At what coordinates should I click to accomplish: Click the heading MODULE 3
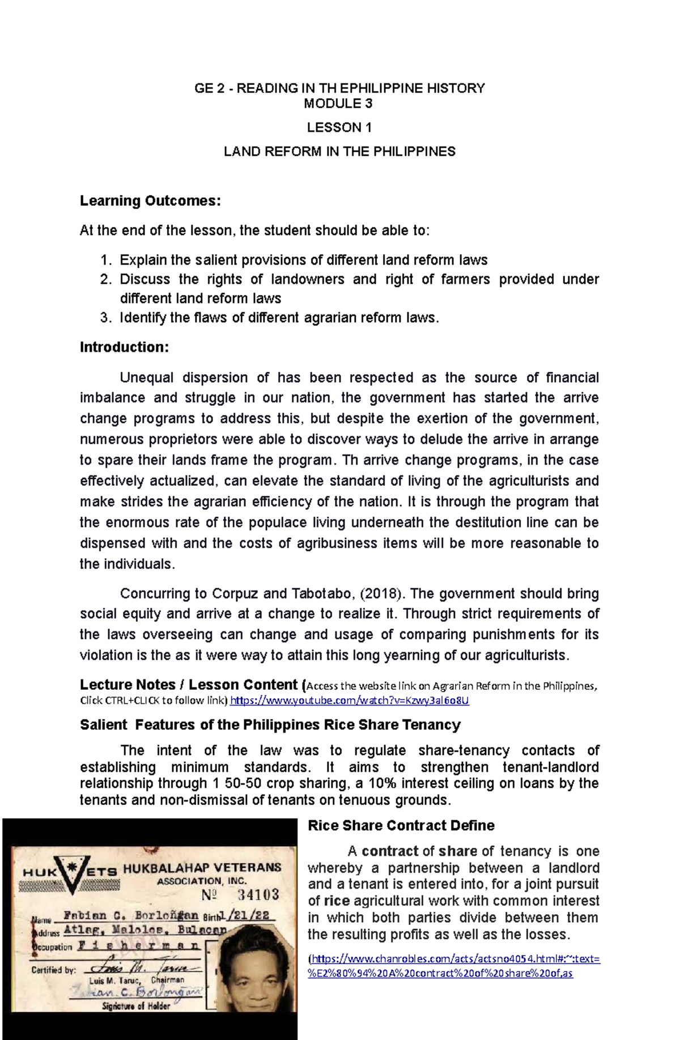(338, 104)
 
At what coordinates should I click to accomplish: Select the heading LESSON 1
(339, 128)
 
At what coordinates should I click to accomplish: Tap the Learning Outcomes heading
(150, 201)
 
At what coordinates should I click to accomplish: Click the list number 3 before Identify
(106, 318)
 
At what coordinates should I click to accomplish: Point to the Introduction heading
(124, 347)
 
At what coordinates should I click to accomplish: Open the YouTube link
(350, 701)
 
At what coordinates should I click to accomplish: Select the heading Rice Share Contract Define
(401, 826)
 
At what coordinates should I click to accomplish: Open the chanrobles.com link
(453, 959)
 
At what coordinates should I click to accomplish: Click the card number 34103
(258, 894)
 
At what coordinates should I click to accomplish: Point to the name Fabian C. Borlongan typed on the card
(130, 915)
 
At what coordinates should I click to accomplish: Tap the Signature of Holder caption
(136, 1006)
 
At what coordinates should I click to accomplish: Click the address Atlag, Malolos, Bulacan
(144, 930)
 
